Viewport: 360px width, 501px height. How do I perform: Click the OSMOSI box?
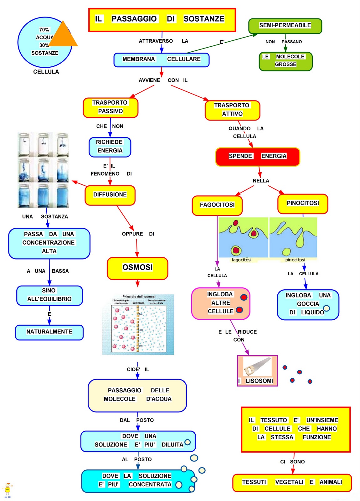(137, 268)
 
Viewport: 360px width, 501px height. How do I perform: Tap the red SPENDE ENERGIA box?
(257, 157)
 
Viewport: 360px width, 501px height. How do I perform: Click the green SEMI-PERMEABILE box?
(285, 26)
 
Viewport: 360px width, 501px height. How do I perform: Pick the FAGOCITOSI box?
(217, 205)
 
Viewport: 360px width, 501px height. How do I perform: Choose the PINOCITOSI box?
(302, 204)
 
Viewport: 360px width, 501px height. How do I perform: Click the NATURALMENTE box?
(49, 332)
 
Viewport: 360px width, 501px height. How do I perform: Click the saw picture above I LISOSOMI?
(257, 366)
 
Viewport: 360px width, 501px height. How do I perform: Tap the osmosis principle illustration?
(138, 325)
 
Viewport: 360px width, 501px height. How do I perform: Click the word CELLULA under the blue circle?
(46, 72)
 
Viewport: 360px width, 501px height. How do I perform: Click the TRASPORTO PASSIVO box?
(110, 107)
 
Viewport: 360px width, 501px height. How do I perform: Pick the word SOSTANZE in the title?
(204, 19)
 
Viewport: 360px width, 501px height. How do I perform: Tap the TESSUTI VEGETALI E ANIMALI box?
(292, 483)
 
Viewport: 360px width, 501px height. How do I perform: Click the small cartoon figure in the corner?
(7, 490)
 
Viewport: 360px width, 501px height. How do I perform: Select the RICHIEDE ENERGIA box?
(110, 147)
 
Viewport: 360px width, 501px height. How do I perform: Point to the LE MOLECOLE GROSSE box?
(285, 61)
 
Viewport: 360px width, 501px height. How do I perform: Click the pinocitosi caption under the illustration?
(295, 260)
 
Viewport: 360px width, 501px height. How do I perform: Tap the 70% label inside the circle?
(44, 30)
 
